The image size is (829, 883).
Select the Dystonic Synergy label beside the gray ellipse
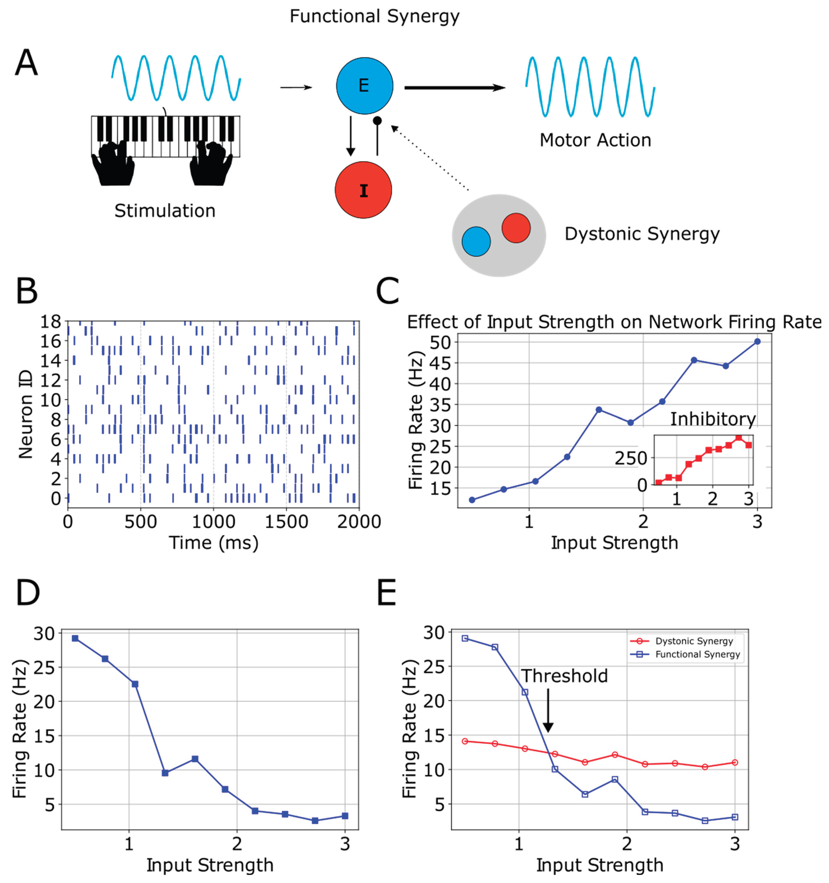point(642,234)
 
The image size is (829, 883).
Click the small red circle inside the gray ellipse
point(516,228)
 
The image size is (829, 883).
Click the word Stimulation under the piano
point(165,211)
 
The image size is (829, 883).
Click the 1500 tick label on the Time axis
point(286,522)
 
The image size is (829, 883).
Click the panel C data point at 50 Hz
point(757,342)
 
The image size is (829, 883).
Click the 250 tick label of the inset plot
point(630,458)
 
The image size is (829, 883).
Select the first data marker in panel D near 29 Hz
point(75,638)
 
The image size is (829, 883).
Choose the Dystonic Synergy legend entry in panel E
point(686,641)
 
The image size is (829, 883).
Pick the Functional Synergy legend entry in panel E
point(686,654)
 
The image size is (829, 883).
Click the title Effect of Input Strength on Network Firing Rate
point(614,322)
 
